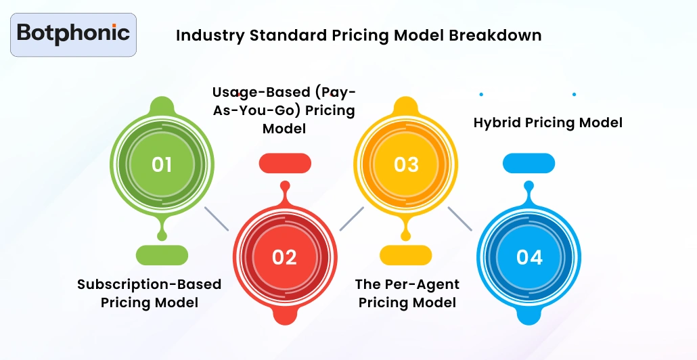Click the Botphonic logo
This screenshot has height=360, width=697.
(73, 34)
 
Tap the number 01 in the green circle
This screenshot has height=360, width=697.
(162, 164)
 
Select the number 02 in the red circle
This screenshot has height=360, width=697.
(284, 257)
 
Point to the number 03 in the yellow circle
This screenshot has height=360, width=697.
(406, 164)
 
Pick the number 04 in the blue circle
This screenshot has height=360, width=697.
(529, 257)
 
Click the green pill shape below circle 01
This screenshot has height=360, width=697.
(162, 255)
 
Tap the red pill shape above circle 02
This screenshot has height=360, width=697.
(285, 163)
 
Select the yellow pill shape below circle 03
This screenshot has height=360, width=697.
(406, 255)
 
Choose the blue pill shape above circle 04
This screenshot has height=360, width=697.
(529, 163)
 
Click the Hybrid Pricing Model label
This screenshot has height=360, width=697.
(547, 122)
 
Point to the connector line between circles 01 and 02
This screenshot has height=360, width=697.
(217, 219)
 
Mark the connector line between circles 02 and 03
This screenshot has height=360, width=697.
(352, 219)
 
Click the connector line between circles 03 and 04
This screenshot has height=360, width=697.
(460, 219)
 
